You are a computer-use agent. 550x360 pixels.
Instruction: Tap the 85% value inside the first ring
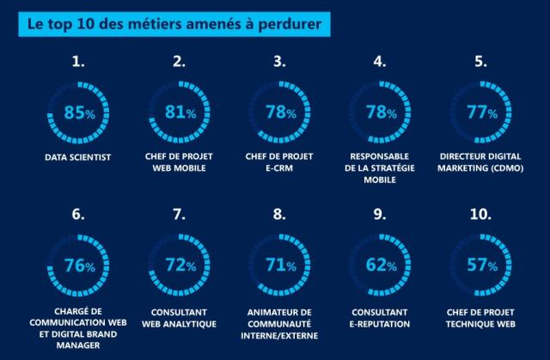(x=79, y=113)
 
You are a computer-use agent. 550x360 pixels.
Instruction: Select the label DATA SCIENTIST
(x=79, y=158)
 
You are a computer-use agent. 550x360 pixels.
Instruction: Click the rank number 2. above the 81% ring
(x=179, y=62)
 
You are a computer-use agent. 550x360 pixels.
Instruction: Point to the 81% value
(x=179, y=113)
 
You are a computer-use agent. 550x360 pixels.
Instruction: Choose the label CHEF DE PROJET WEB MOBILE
(x=179, y=163)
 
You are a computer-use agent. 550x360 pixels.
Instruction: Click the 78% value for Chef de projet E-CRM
(x=279, y=113)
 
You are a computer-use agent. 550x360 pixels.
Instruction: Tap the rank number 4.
(x=379, y=62)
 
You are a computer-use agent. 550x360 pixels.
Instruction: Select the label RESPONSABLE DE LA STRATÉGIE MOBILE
(x=379, y=168)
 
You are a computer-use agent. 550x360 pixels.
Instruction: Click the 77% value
(x=480, y=113)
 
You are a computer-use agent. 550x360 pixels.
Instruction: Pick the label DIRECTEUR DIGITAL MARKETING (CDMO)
(x=480, y=163)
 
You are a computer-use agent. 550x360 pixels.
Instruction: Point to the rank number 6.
(x=79, y=215)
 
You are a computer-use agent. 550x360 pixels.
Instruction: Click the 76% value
(x=79, y=265)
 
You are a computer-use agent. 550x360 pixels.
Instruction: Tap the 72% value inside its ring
(x=179, y=265)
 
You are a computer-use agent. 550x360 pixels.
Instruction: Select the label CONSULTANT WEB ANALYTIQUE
(x=179, y=317)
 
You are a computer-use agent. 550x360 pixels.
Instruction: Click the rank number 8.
(x=279, y=215)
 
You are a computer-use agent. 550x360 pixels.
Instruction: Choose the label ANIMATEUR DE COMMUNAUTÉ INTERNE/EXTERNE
(x=279, y=322)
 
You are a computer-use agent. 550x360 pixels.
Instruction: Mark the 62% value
(x=379, y=265)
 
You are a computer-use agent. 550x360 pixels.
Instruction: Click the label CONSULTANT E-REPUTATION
(x=379, y=317)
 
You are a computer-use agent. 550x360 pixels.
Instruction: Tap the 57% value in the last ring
(x=480, y=265)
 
